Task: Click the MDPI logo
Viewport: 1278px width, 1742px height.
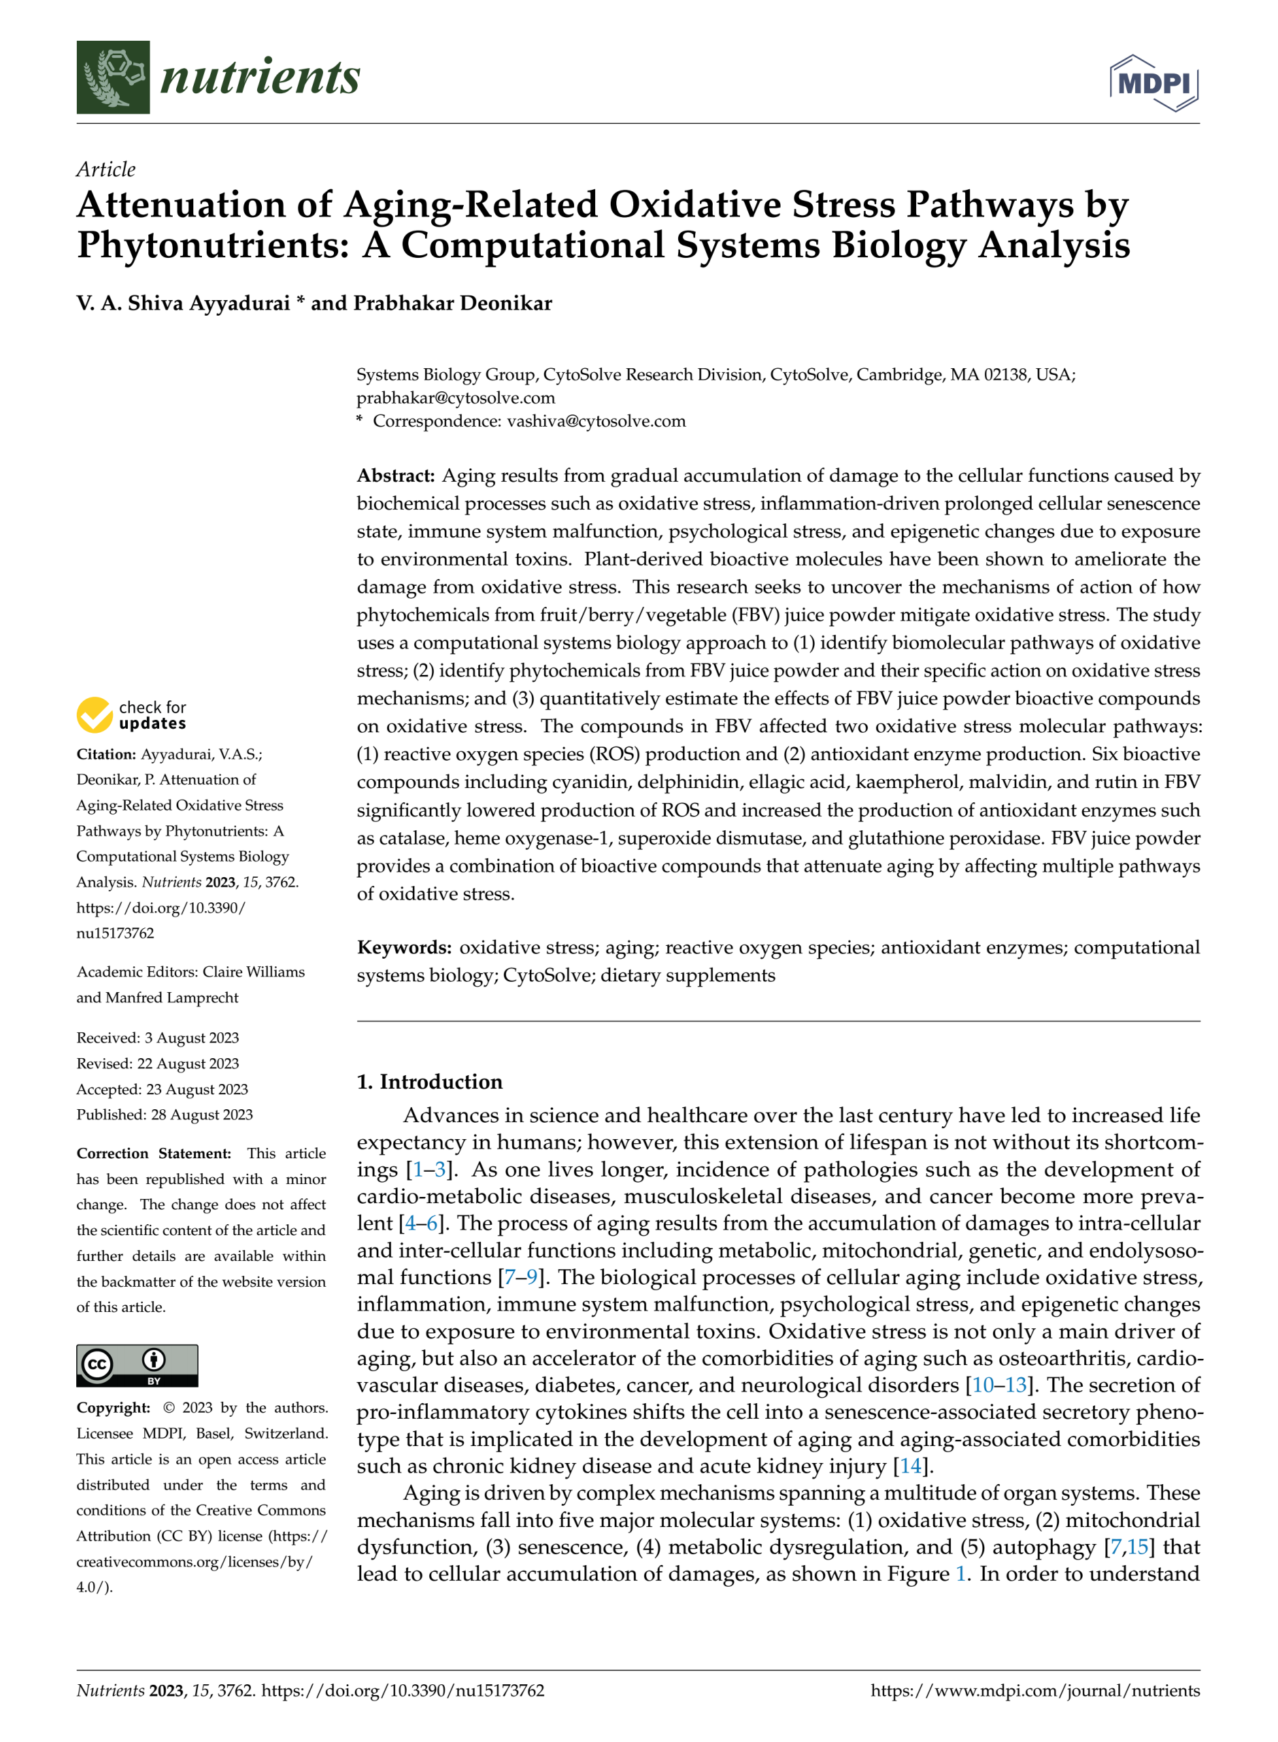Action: [1154, 83]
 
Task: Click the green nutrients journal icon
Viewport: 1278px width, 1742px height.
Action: [113, 78]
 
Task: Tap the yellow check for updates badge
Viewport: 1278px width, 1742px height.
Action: [95, 714]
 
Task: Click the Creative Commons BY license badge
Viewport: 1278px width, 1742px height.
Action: [137, 1365]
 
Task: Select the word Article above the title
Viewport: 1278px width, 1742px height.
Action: [106, 169]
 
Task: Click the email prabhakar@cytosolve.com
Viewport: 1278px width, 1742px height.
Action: [456, 398]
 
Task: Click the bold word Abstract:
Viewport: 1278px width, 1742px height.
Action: [396, 475]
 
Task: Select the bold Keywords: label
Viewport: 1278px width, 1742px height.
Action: [404, 947]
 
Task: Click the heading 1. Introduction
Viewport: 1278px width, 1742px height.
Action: [429, 1081]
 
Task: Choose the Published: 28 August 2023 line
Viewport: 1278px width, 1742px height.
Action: [164, 1115]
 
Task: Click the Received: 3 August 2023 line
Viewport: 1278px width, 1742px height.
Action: [158, 1038]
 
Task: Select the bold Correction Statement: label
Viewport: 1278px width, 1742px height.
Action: [153, 1153]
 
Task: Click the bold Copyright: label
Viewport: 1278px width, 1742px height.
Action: [113, 1408]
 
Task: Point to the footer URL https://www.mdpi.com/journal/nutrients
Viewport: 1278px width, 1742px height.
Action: [1035, 1690]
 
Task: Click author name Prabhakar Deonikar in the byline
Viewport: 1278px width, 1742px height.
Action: [452, 303]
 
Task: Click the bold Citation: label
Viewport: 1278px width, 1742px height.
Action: [106, 754]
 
